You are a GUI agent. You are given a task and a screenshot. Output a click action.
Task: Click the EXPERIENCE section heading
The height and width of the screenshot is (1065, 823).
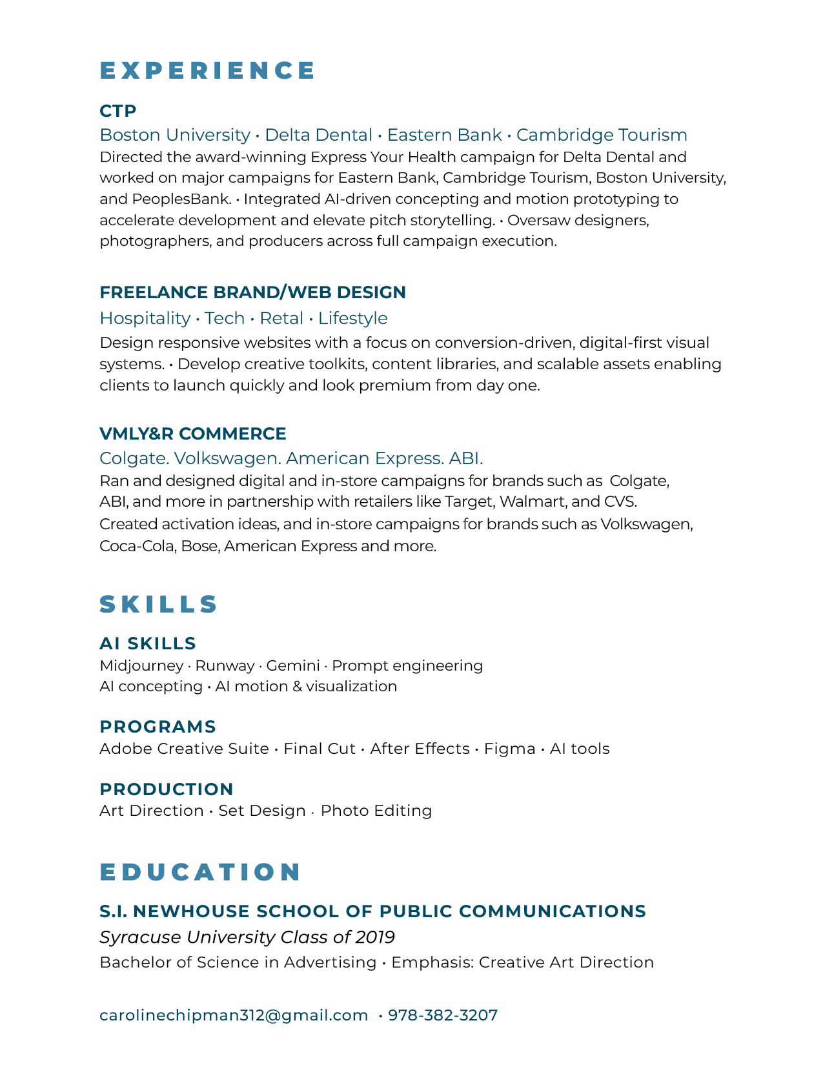point(207,70)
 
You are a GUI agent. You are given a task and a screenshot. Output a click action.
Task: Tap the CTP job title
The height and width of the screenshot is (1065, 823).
point(118,111)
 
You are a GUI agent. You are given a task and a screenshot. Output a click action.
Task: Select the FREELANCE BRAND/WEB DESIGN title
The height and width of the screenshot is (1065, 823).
point(252,292)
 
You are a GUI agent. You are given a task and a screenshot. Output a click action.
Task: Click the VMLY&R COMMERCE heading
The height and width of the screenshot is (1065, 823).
point(192,434)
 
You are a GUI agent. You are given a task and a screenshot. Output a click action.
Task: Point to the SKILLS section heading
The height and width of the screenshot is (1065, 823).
point(159,604)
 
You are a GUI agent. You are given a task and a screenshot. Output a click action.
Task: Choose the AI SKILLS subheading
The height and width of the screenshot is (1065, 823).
point(148,644)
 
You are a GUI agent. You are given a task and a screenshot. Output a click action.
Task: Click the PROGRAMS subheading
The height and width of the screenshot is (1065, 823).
point(157,727)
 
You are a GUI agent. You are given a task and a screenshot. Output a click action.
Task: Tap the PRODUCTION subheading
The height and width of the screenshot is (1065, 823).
point(166,789)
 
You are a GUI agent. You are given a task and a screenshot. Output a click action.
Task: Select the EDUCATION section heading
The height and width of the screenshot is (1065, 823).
point(200,872)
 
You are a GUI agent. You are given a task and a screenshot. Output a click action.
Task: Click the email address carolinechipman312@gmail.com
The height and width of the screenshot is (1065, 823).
point(234,1015)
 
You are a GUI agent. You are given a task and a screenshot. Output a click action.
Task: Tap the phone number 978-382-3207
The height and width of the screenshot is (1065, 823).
point(443,1015)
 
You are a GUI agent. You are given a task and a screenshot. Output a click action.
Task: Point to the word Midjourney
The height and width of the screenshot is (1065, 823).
point(141,665)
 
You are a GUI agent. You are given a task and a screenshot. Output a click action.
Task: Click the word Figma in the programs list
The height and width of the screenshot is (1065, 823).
point(509,749)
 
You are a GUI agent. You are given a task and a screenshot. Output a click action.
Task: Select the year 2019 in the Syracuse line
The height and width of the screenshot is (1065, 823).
point(375,937)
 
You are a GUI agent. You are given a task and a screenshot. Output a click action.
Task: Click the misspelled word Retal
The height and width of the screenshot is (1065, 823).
point(281,318)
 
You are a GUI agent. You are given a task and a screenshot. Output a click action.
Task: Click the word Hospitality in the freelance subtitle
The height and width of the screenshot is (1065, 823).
point(145,318)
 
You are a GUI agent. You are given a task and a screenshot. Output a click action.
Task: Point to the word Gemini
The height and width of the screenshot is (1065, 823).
point(293,665)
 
